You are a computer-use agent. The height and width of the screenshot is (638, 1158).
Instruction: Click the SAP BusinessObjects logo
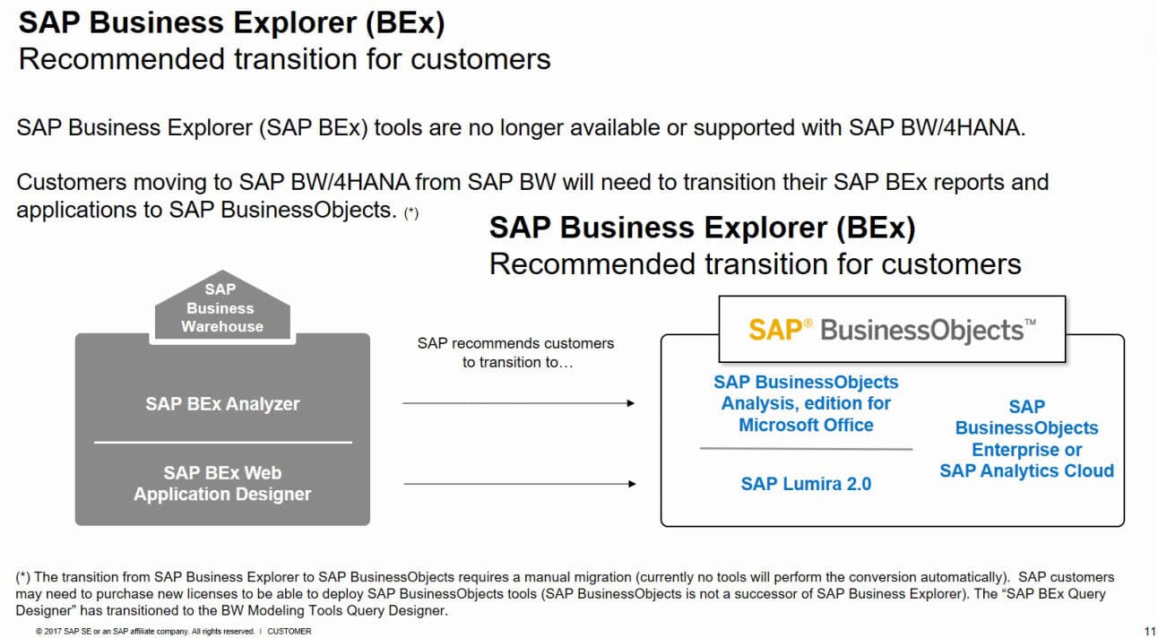click(892, 330)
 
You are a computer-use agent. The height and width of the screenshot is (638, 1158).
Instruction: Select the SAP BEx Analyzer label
click(222, 404)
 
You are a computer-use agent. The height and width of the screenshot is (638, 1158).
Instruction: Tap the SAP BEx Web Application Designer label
click(222, 484)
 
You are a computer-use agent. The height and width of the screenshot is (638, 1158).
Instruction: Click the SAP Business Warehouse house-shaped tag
click(222, 307)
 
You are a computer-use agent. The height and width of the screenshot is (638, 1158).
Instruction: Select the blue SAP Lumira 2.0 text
click(806, 484)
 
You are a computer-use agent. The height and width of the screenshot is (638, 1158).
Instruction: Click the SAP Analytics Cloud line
click(1026, 471)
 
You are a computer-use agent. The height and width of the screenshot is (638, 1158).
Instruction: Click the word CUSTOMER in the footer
click(289, 632)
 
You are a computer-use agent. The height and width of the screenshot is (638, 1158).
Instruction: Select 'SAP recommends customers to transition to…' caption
click(515, 353)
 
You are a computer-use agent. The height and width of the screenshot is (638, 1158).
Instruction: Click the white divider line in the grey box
click(222, 442)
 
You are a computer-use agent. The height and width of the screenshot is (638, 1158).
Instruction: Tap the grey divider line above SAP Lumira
click(806, 448)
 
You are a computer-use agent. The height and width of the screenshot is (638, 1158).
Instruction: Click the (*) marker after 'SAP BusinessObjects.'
click(411, 214)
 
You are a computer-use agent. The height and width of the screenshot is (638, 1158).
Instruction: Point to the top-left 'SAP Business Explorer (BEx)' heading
click(231, 23)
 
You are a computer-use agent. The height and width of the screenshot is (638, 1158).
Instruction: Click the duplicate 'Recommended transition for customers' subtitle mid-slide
click(755, 264)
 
